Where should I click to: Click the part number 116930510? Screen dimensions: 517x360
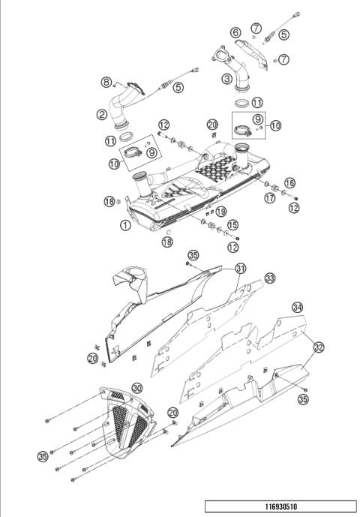tap(280, 506)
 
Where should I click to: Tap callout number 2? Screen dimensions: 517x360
tap(101, 115)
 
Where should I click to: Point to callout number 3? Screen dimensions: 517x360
tap(226, 77)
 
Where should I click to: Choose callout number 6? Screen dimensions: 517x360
tap(235, 32)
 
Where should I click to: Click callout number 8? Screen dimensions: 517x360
tap(106, 82)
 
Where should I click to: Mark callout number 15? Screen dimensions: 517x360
tap(232, 224)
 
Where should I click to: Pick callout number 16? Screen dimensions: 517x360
tap(289, 182)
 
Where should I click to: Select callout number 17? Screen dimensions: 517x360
tap(268, 199)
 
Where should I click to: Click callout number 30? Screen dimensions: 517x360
tap(137, 388)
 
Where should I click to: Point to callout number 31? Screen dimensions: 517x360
tap(240, 268)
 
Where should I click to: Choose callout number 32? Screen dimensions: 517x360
tap(319, 347)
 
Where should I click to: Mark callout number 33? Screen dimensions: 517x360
tap(269, 278)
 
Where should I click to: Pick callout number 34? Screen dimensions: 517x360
tap(298, 308)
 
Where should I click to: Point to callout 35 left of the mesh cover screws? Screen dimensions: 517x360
tap(43, 455)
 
